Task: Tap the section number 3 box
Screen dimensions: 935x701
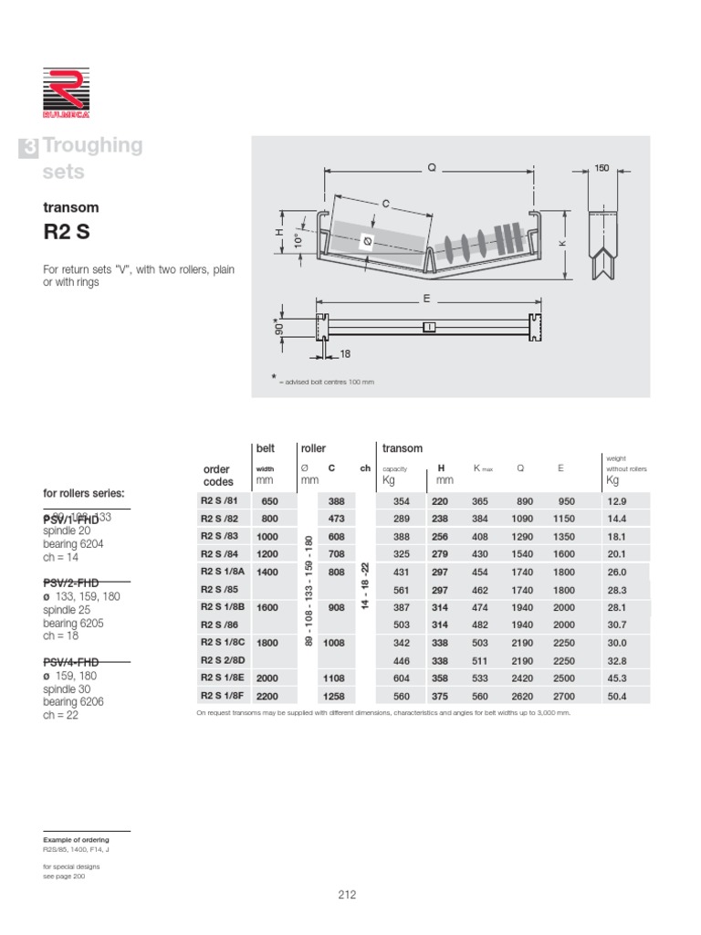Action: point(29,149)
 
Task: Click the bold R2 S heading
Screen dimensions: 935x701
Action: point(67,232)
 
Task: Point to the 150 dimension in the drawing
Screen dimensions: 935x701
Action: point(602,169)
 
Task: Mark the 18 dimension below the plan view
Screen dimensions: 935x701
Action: point(345,352)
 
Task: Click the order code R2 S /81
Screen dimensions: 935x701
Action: point(218,500)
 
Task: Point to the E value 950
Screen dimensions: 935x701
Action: point(567,500)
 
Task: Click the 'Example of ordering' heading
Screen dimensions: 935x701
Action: point(76,839)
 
